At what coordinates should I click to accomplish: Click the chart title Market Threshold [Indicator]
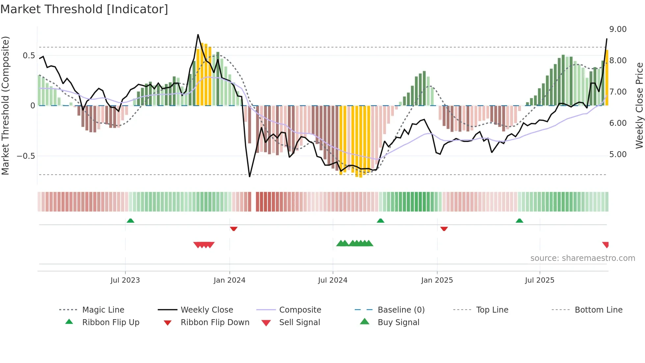point(84,9)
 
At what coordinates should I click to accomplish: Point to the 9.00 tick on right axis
point(618,29)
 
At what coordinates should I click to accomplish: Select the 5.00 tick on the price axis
point(618,154)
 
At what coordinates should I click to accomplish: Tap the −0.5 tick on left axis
point(26,156)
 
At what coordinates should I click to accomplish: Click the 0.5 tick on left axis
point(29,56)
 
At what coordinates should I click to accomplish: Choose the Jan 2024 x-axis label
point(229,280)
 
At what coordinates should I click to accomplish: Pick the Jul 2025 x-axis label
point(539,280)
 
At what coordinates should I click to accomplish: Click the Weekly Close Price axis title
point(639,105)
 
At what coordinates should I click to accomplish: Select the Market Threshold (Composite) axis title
point(5,105)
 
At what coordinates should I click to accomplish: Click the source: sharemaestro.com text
point(582,258)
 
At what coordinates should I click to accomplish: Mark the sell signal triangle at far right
point(606,244)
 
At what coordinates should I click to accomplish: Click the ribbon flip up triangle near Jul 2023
point(130,221)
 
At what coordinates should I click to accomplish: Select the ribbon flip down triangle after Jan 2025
point(444,229)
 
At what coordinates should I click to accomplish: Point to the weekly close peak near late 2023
point(198,35)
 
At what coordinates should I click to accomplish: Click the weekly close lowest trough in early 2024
point(249,177)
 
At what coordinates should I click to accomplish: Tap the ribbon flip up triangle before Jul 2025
point(519,221)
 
